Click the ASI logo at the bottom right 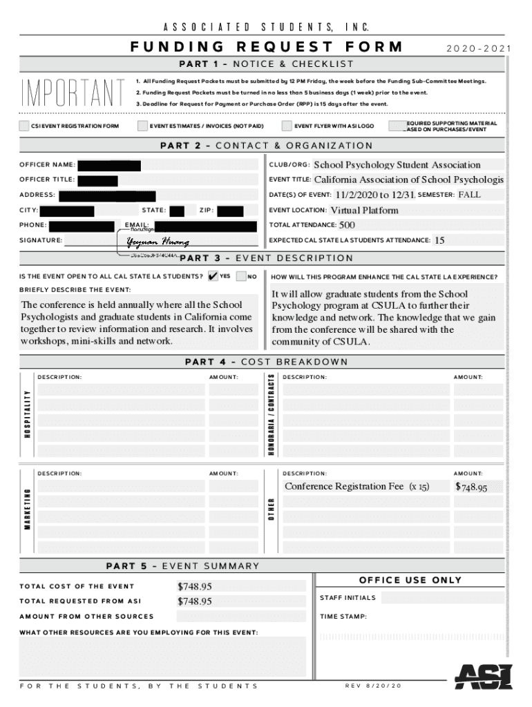pyautogui.click(x=483, y=676)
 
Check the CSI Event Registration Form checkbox pyautogui.click(x=26, y=126)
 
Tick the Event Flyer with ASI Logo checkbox pyautogui.click(x=287, y=126)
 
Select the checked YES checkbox pyautogui.click(x=213, y=276)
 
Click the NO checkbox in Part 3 pyautogui.click(x=241, y=276)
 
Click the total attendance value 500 pyautogui.click(x=347, y=225)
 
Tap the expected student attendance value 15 pyautogui.click(x=440, y=240)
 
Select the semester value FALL pyautogui.click(x=469, y=195)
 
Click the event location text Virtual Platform pyautogui.click(x=364, y=210)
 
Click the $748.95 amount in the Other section pyautogui.click(x=471, y=487)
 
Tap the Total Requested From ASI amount pyautogui.click(x=195, y=601)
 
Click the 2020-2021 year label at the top pyautogui.click(x=478, y=48)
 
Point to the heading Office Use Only pyautogui.click(x=410, y=580)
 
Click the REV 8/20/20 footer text pyautogui.click(x=373, y=686)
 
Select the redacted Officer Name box pyautogui.click(x=110, y=166)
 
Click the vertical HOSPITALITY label pyautogui.click(x=28, y=414)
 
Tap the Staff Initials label pyautogui.click(x=348, y=598)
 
